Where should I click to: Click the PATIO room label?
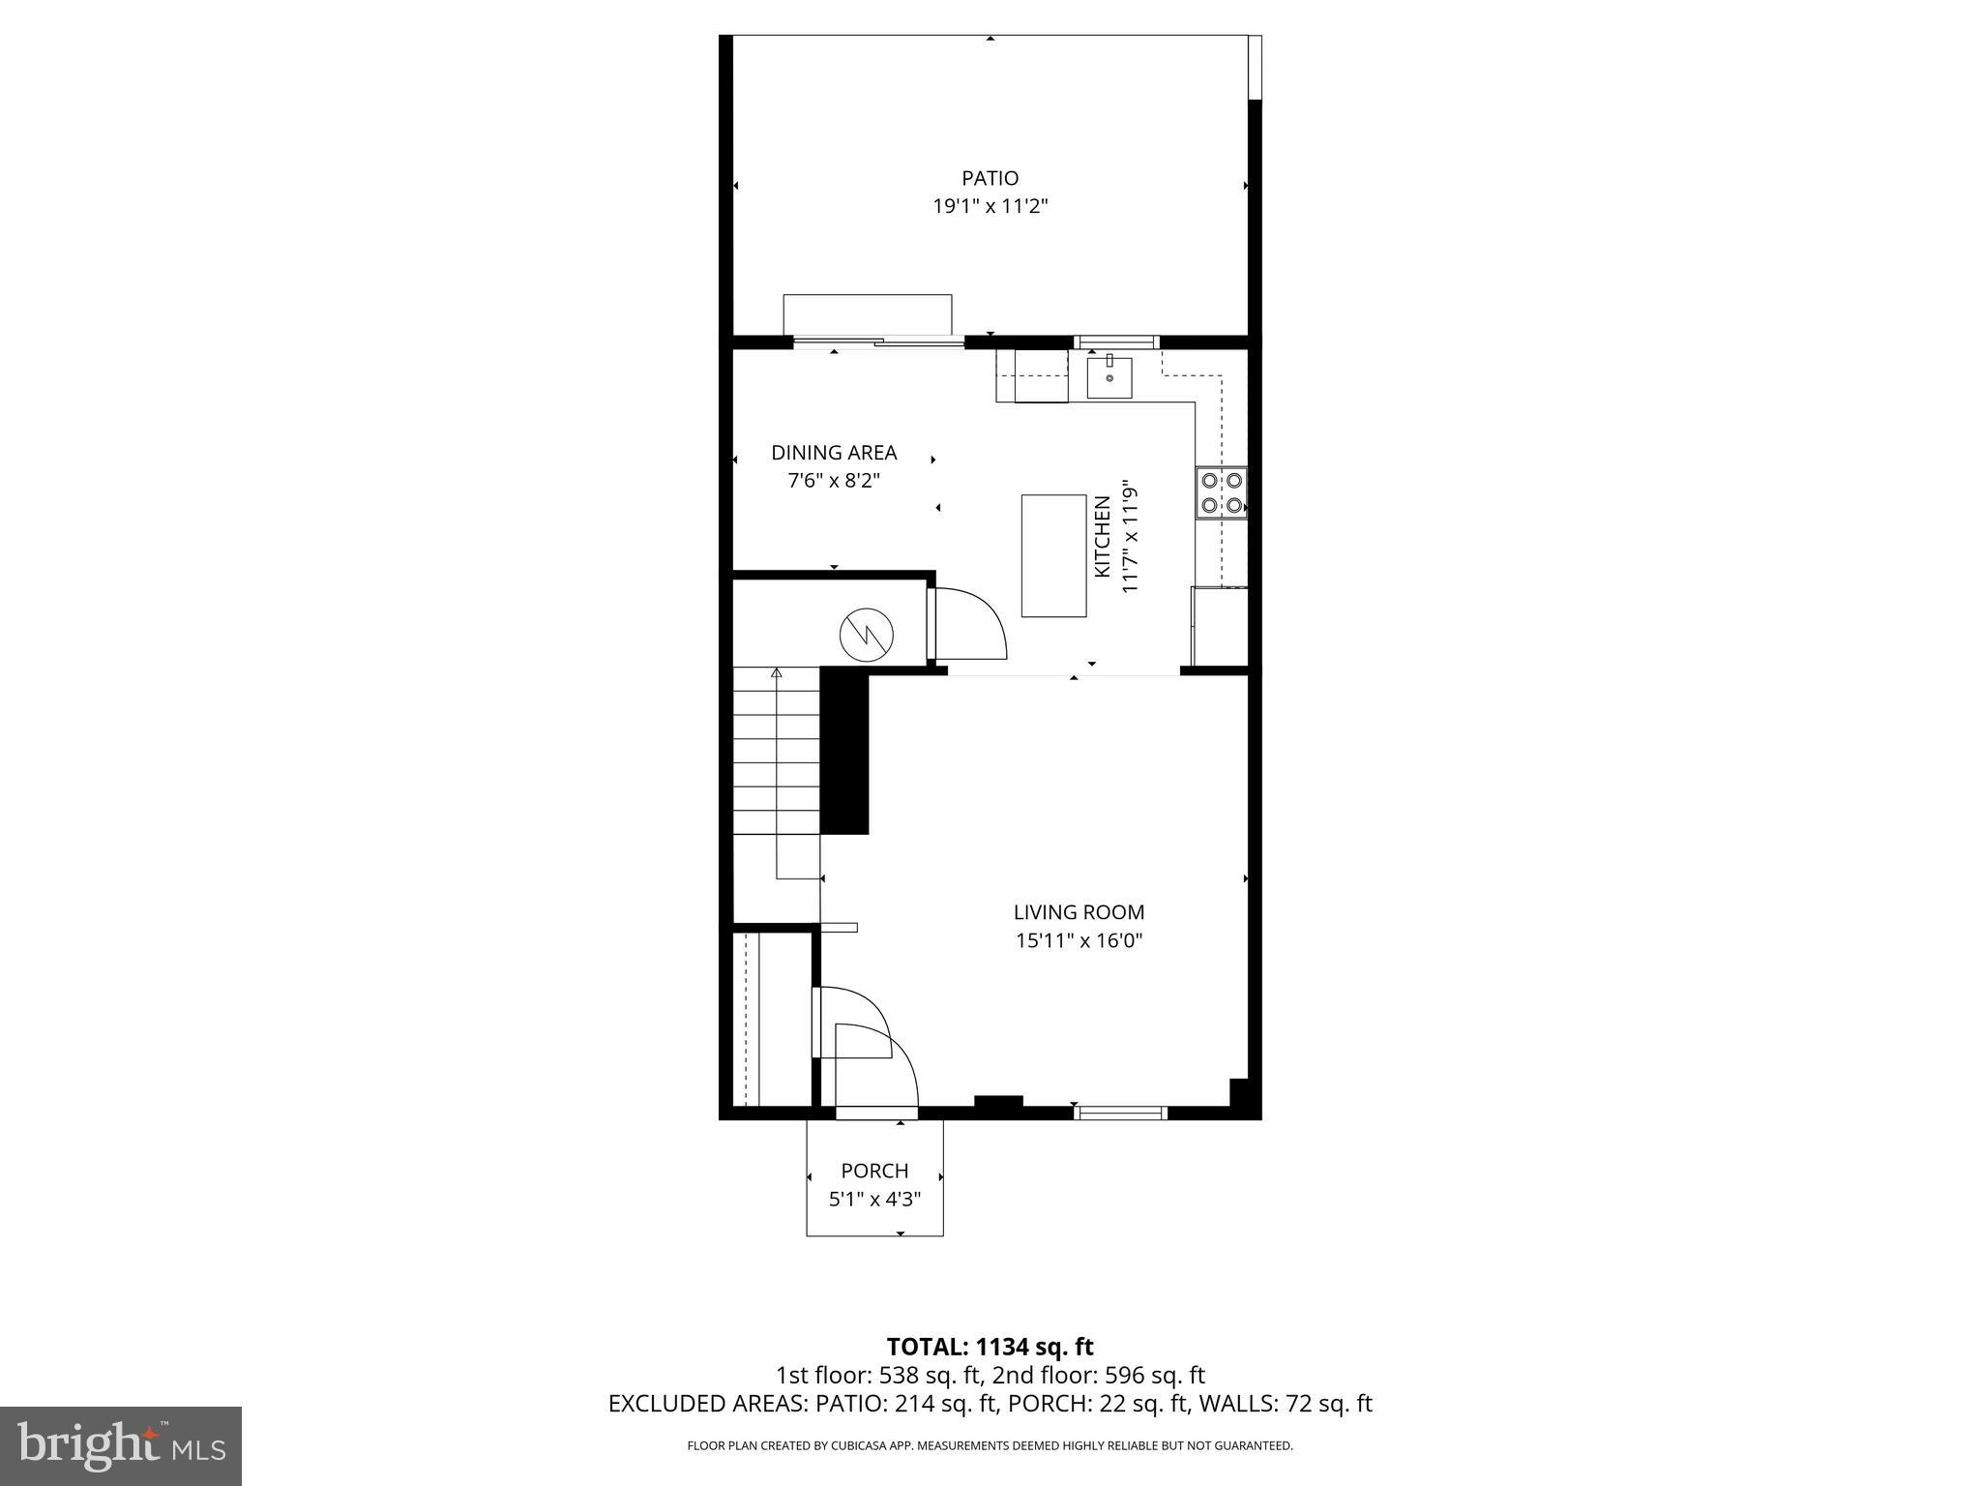990,178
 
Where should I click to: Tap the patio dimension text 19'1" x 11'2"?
990,206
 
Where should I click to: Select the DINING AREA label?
834,452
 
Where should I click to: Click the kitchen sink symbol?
1109,377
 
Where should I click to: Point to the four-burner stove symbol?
1221,492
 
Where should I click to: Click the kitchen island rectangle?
1053,555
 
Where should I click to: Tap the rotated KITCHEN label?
1102,537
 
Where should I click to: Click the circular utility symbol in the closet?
867,634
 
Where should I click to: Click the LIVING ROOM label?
1079,911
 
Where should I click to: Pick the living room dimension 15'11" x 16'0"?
1079,940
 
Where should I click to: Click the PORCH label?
874,1171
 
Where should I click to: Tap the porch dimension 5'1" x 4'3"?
874,1200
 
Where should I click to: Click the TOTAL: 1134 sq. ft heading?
990,1347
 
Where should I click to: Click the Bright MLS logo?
120,1445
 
